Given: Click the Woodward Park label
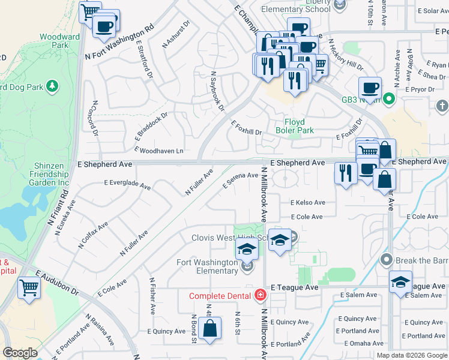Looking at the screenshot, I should [59, 41].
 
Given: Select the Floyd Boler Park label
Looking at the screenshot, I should [295, 126].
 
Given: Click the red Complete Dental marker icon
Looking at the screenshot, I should [260, 295].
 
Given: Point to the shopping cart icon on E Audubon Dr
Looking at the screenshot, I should [29, 287].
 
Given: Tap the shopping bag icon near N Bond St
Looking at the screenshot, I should [209, 329].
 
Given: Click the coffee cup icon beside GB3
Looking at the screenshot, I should [370, 88].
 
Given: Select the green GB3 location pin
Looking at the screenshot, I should [388, 98].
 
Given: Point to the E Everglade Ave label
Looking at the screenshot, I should [127, 185].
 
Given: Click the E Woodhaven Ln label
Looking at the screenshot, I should [158, 150].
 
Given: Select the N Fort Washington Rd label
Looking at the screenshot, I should [120, 42].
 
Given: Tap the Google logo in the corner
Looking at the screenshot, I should [20, 353].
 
